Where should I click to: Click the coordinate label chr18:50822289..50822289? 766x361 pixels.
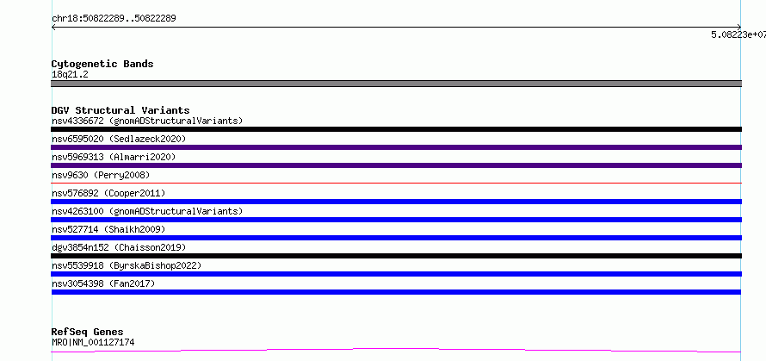click(x=114, y=19)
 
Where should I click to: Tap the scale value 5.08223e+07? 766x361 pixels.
click(x=738, y=34)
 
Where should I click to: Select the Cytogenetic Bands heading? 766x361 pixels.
click(x=102, y=64)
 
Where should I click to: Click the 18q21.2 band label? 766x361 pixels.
click(x=70, y=75)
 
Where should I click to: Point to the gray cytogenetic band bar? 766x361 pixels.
click(x=396, y=84)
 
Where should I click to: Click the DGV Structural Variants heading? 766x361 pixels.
click(x=120, y=110)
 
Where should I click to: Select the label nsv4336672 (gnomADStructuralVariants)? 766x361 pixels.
click(x=147, y=121)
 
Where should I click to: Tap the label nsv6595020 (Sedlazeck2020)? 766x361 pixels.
click(x=119, y=139)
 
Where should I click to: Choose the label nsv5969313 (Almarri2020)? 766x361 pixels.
click(x=114, y=157)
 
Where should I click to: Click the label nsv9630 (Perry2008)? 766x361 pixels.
click(x=101, y=175)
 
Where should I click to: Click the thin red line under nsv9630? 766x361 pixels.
click(x=396, y=183)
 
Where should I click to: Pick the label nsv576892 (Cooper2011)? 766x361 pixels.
click(x=108, y=193)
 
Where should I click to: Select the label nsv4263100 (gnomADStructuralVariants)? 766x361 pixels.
click(x=147, y=211)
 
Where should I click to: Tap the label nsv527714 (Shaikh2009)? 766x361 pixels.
click(x=108, y=229)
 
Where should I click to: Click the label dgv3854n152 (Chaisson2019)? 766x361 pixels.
click(x=119, y=247)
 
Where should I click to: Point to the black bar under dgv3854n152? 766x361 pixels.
click(x=396, y=256)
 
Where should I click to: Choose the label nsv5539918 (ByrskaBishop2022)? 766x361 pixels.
click(x=127, y=265)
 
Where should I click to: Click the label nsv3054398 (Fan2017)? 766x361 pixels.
click(x=103, y=283)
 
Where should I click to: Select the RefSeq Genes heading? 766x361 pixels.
click(x=88, y=333)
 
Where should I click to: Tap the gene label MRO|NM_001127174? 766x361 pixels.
click(x=93, y=342)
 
